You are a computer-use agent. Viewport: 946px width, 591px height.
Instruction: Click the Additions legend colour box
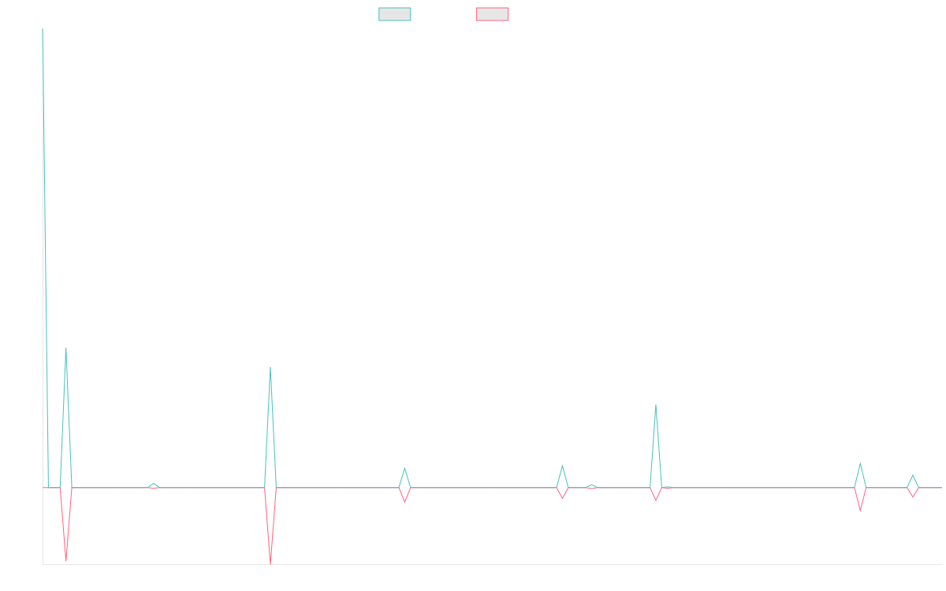[395, 14]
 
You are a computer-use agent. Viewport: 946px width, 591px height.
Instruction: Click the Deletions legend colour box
[493, 14]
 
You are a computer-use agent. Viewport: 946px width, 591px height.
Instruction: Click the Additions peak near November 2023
[270, 367]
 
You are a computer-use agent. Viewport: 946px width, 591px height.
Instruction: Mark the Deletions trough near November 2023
[270, 563]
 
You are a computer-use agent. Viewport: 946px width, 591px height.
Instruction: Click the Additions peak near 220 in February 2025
[656, 406]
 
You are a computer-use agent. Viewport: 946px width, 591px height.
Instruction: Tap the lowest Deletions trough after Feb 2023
[65, 560]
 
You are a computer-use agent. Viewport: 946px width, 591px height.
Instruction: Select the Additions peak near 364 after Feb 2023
[66, 348]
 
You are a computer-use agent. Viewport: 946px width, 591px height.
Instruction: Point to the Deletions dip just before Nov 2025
[860, 511]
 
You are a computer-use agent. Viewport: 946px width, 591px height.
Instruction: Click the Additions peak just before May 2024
[404, 469]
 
